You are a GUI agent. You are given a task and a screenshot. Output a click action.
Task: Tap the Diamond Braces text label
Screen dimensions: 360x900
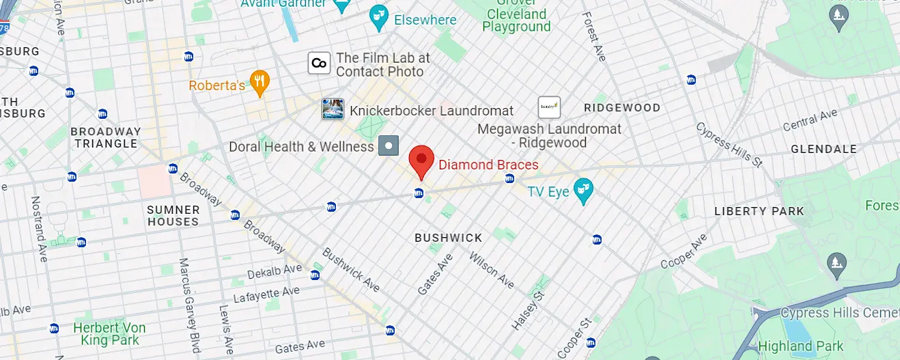pyautogui.click(x=488, y=165)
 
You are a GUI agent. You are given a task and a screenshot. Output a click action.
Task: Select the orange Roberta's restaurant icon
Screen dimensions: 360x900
pyautogui.click(x=259, y=83)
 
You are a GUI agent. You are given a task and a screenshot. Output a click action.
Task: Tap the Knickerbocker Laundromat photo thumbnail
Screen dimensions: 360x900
pyautogui.click(x=333, y=109)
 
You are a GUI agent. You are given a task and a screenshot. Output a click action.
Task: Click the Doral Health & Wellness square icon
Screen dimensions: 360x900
pyautogui.click(x=389, y=146)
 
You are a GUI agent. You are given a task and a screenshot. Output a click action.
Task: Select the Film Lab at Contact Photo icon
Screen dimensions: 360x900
pyautogui.click(x=319, y=64)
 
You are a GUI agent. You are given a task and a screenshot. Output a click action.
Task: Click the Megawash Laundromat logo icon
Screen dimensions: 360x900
pyautogui.click(x=549, y=107)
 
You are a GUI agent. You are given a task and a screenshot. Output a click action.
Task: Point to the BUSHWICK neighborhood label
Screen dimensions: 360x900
pyautogui.click(x=449, y=238)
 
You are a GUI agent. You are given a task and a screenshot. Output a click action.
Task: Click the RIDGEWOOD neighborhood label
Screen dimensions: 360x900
pyautogui.click(x=622, y=108)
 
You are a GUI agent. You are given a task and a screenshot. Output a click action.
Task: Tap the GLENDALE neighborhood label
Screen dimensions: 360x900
pyautogui.click(x=824, y=149)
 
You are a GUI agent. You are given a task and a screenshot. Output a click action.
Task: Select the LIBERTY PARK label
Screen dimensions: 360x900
pyautogui.click(x=759, y=211)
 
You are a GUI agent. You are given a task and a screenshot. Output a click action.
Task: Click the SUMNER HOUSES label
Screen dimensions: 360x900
pyautogui.click(x=173, y=216)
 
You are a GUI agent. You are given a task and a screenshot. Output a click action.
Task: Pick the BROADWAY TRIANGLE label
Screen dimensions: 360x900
pyautogui.click(x=106, y=137)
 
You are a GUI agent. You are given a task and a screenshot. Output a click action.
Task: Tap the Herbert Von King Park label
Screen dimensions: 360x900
pyautogui.click(x=109, y=334)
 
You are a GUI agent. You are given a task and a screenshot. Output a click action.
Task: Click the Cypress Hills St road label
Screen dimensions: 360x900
pyautogui.click(x=729, y=145)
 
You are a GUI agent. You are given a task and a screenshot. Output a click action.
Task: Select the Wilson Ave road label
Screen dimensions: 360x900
pyautogui.click(x=492, y=270)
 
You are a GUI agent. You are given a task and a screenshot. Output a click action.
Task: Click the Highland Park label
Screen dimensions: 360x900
pyautogui.click(x=800, y=346)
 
